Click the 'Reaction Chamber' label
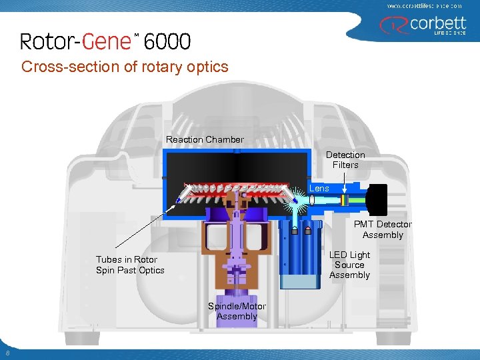(205, 139)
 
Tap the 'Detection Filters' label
(345, 160)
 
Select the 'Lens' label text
(319, 189)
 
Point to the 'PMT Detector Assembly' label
(383, 229)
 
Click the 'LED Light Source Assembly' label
(349, 265)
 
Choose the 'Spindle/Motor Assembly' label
(237, 311)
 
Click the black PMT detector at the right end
(377, 199)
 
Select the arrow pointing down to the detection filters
(344, 182)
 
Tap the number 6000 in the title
(167, 42)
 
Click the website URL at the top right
(425, 5)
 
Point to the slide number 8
(7, 353)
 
